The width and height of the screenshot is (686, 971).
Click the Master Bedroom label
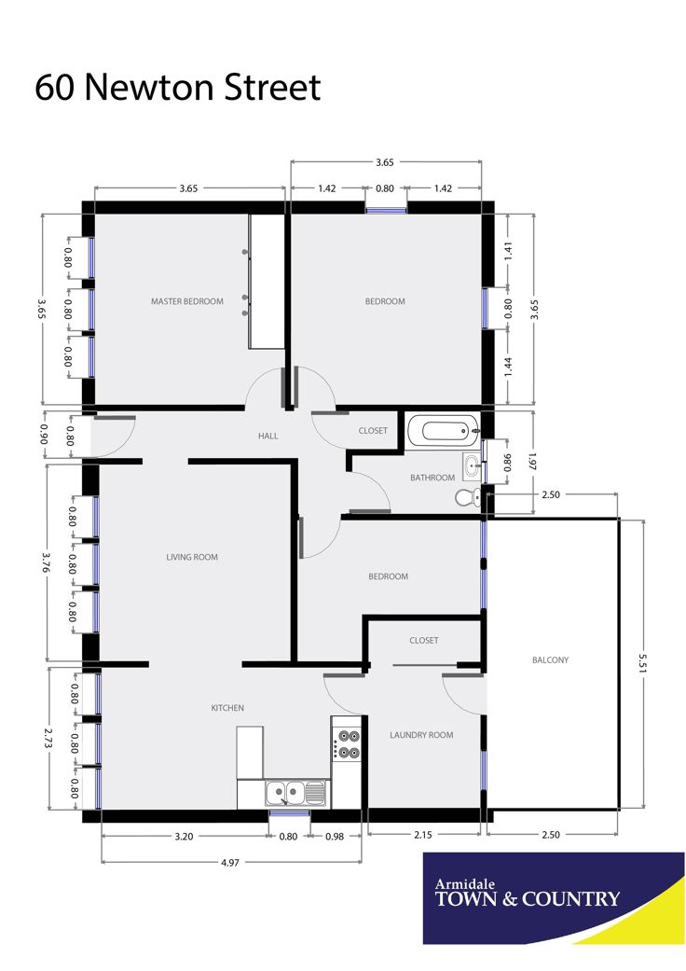[186, 301]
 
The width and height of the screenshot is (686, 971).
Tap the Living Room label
[192, 557]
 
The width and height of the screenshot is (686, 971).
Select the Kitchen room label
[227, 708]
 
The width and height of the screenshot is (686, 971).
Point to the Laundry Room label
[421, 735]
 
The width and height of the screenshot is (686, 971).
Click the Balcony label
[550, 660]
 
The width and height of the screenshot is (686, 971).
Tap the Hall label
[268, 436]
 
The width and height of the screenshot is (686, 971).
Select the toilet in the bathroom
[468, 496]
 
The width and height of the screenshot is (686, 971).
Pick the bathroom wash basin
[472, 465]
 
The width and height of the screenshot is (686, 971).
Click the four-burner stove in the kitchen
[346, 744]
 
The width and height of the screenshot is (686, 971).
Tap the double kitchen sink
[295, 793]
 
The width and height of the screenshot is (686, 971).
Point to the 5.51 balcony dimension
[643, 662]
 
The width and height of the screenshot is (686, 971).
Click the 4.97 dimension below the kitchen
[229, 862]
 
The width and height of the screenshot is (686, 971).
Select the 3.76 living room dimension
[45, 562]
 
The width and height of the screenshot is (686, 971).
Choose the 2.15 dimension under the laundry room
[423, 835]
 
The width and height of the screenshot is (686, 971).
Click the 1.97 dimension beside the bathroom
[532, 462]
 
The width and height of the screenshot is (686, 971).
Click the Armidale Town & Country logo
[554, 898]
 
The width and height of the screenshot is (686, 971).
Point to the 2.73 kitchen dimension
[48, 738]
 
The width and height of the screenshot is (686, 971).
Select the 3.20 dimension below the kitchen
[184, 836]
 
